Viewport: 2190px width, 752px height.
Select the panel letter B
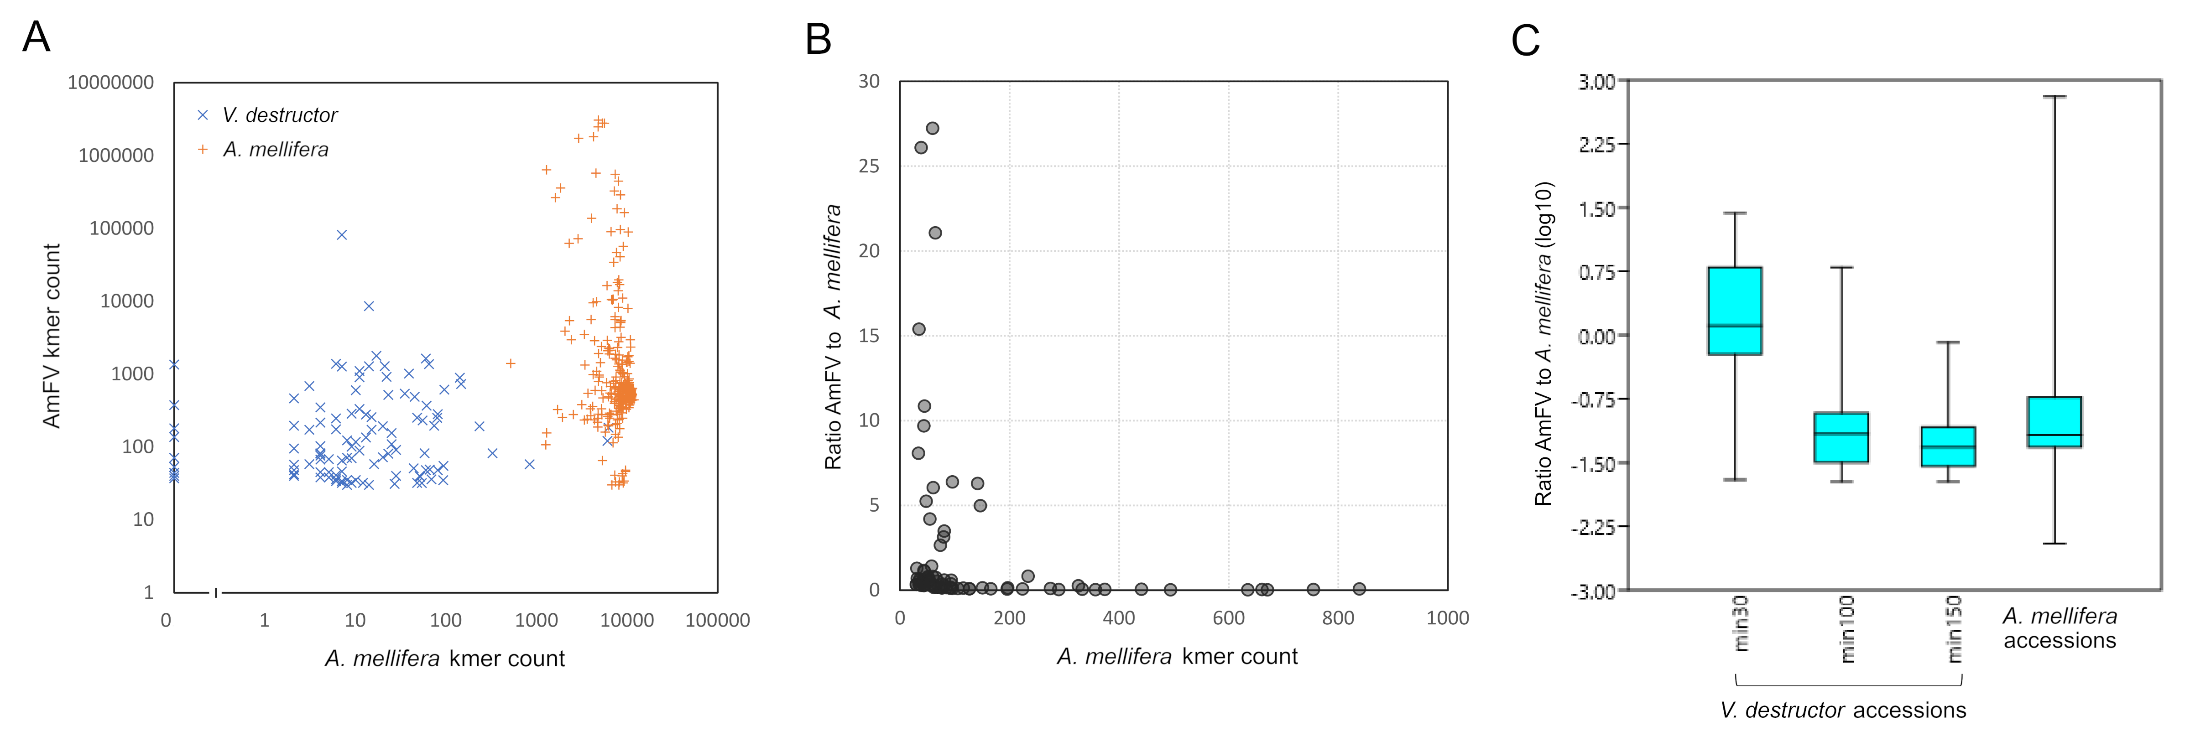(818, 39)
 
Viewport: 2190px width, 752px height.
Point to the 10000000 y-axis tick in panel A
(110, 83)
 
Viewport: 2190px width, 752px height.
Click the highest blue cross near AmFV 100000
(342, 234)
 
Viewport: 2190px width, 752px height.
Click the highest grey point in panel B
(932, 128)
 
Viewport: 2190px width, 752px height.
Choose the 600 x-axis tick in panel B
(1229, 618)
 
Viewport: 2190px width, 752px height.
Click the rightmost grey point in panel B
(1359, 589)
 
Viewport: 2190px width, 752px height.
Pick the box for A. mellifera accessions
(2054, 421)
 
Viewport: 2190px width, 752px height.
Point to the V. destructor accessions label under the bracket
(1842, 711)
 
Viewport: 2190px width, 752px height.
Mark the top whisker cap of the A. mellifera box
(2054, 97)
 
